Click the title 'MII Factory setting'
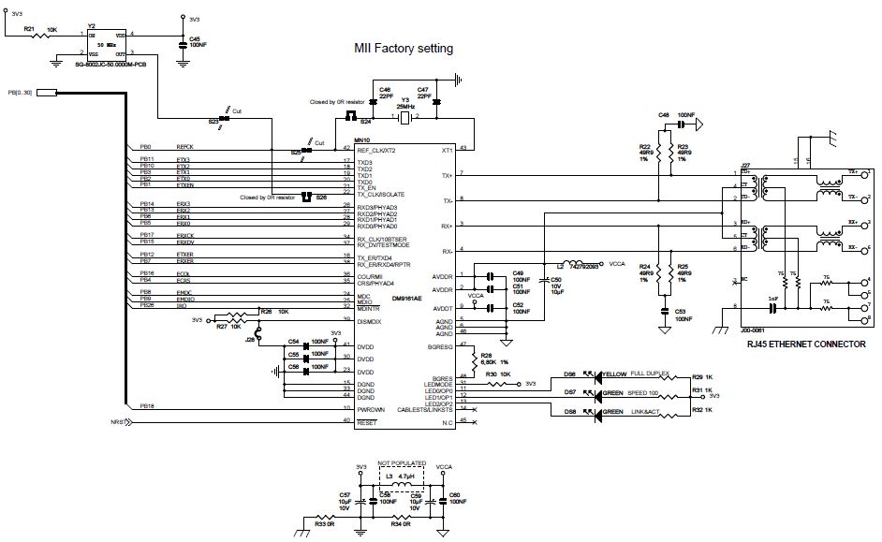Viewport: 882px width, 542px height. (x=403, y=49)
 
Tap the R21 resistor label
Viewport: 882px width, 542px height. (x=28, y=29)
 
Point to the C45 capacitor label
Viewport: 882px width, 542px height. (x=197, y=38)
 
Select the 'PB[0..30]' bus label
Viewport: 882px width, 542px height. (x=20, y=92)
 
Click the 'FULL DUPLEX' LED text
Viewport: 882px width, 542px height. (x=653, y=372)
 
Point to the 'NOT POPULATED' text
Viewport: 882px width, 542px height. (x=401, y=462)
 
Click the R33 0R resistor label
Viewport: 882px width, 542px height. (x=325, y=524)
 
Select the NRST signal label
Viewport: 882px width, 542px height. (x=118, y=421)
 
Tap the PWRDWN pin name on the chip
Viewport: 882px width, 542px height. (x=372, y=409)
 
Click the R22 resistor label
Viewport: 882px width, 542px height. (x=645, y=147)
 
